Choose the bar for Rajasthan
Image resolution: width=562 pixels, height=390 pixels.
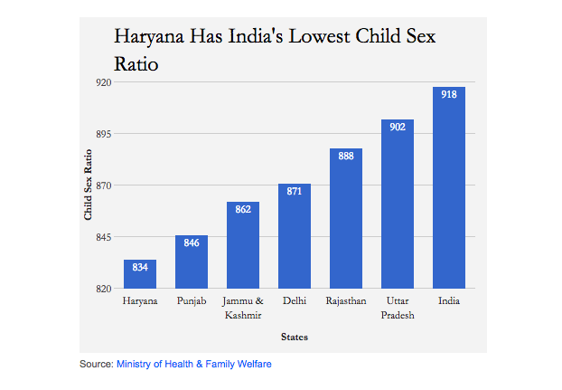(346, 223)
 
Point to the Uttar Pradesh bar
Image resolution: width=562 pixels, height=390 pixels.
(398, 208)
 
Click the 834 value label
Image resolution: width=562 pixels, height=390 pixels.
(140, 268)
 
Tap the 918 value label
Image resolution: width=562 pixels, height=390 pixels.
(449, 95)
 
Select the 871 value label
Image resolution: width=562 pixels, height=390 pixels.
(295, 192)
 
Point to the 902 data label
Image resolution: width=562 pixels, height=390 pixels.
(398, 128)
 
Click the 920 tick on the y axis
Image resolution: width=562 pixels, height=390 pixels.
(103, 82)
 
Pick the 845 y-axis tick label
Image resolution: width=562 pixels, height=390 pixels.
(103, 237)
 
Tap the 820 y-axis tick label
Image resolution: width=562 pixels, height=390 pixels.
(103, 289)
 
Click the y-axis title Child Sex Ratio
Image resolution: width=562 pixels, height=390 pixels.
(89, 185)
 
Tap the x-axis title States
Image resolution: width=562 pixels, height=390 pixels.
(295, 338)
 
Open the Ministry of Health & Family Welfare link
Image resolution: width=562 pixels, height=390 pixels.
(194, 364)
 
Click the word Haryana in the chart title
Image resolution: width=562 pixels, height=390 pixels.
(148, 38)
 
